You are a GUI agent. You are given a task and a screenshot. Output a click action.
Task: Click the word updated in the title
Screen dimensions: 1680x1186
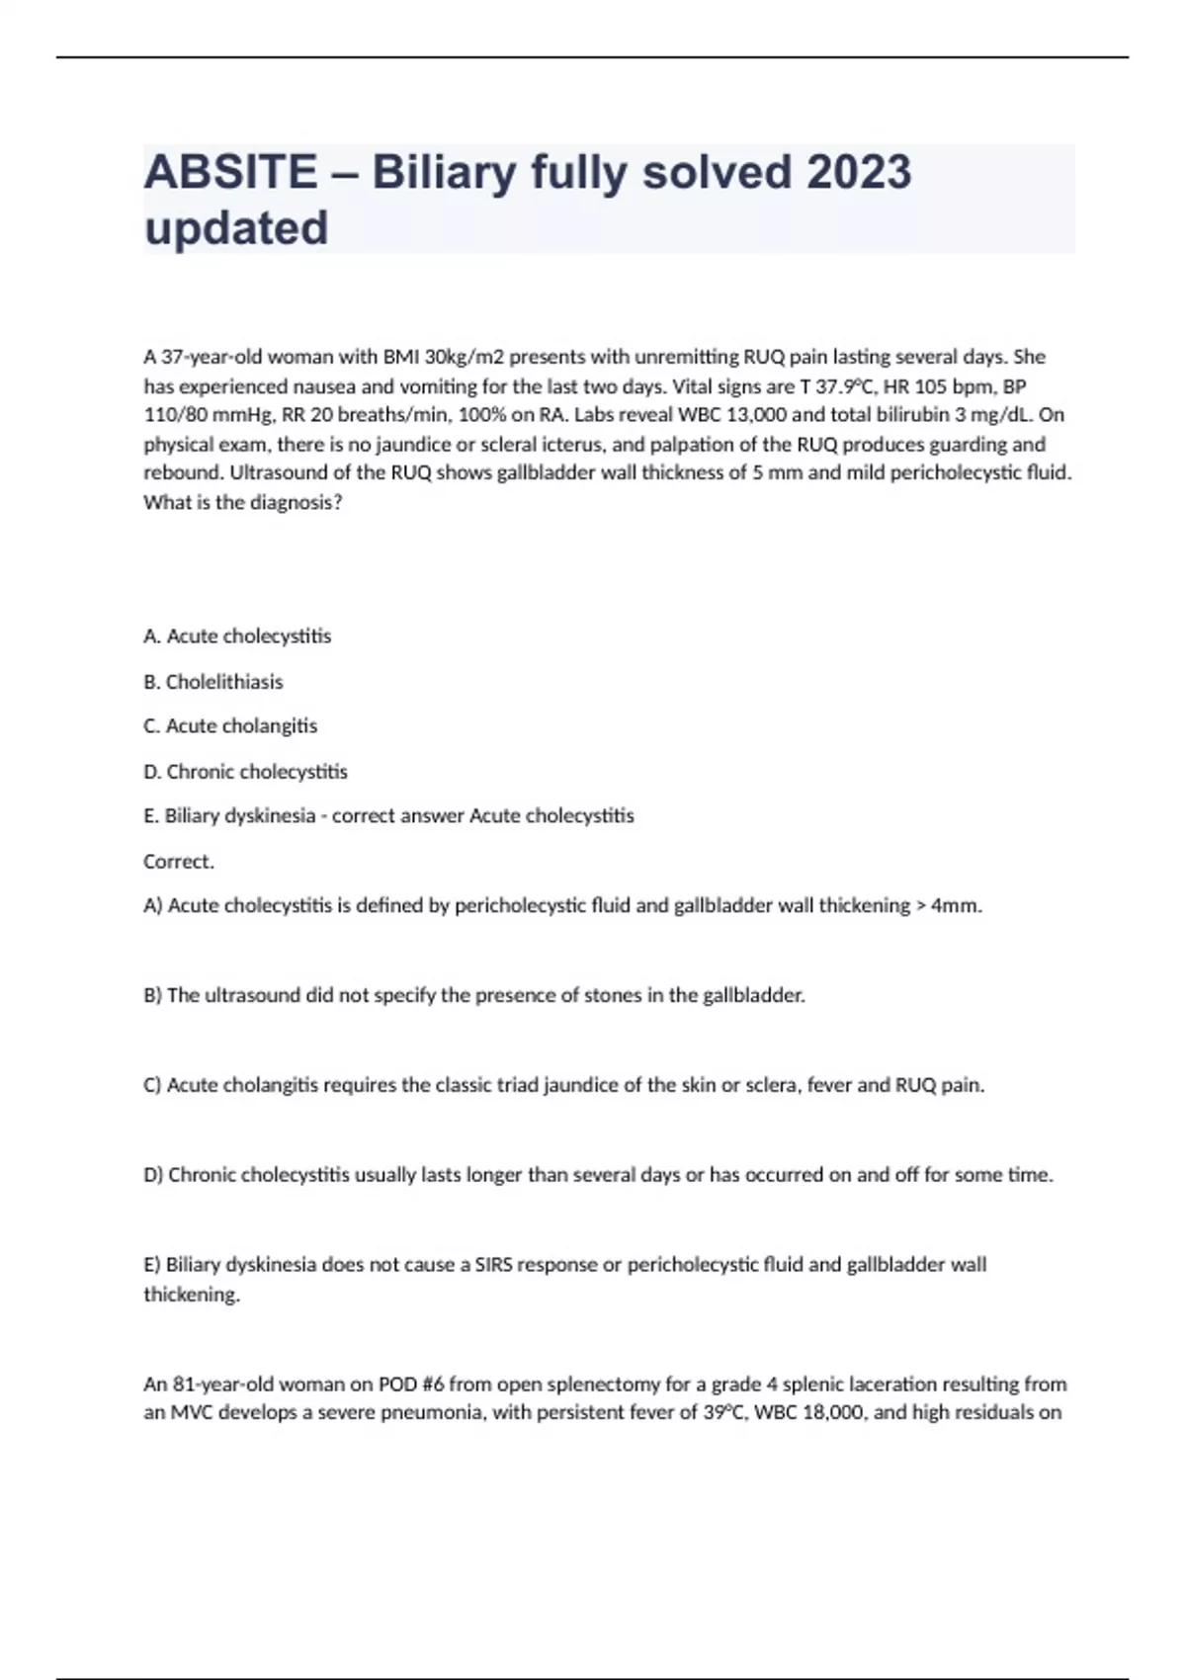[x=236, y=228]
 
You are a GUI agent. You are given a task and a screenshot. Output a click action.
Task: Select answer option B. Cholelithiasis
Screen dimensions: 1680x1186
[x=213, y=682]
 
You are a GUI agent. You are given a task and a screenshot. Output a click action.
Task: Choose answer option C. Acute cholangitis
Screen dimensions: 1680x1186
[x=230, y=726]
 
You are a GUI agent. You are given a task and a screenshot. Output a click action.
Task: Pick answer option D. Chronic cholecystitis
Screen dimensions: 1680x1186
[x=245, y=771]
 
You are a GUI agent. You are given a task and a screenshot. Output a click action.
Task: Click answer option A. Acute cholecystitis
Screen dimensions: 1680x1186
[x=237, y=636]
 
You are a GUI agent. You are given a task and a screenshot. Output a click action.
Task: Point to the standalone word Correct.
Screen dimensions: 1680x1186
[x=179, y=862]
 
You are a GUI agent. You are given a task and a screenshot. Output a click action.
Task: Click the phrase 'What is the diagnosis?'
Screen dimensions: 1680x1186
[x=243, y=502]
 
